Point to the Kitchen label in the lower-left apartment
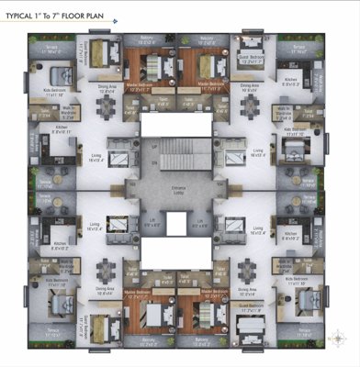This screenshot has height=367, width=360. (61, 245)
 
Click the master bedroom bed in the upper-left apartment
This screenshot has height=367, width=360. (151, 68)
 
